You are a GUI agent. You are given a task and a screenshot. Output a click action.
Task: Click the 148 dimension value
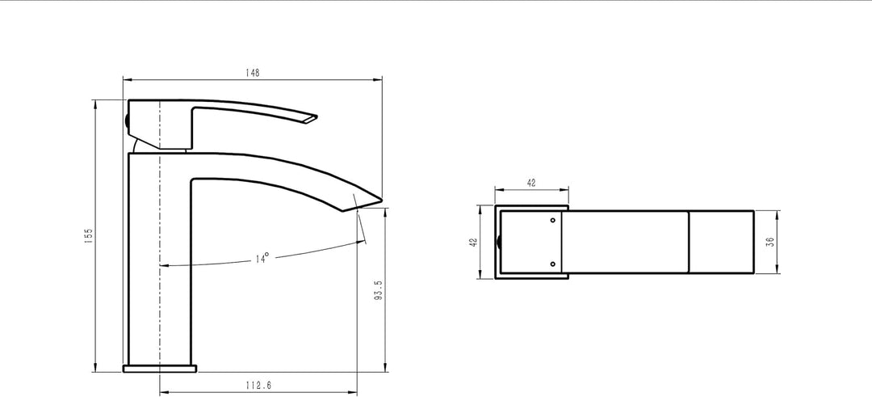pyautogui.click(x=252, y=73)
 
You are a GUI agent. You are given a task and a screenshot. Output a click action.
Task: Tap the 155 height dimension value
pyautogui.click(x=89, y=235)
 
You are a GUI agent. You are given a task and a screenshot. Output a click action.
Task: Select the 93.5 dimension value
pyautogui.click(x=379, y=290)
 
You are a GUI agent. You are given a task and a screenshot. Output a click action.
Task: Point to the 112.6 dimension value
pyautogui.click(x=258, y=385)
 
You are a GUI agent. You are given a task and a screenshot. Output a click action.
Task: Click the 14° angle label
pyautogui.click(x=262, y=259)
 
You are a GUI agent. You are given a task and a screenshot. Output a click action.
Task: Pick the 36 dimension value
pyautogui.click(x=770, y=242)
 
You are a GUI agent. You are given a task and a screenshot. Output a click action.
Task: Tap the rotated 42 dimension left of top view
pyautogui.click(x=474, y=243)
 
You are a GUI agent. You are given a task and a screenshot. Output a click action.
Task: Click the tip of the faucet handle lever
pyautogui.click(x=317, y=117)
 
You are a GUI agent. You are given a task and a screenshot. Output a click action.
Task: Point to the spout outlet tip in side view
pyautogui.click(x=381, y=198)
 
